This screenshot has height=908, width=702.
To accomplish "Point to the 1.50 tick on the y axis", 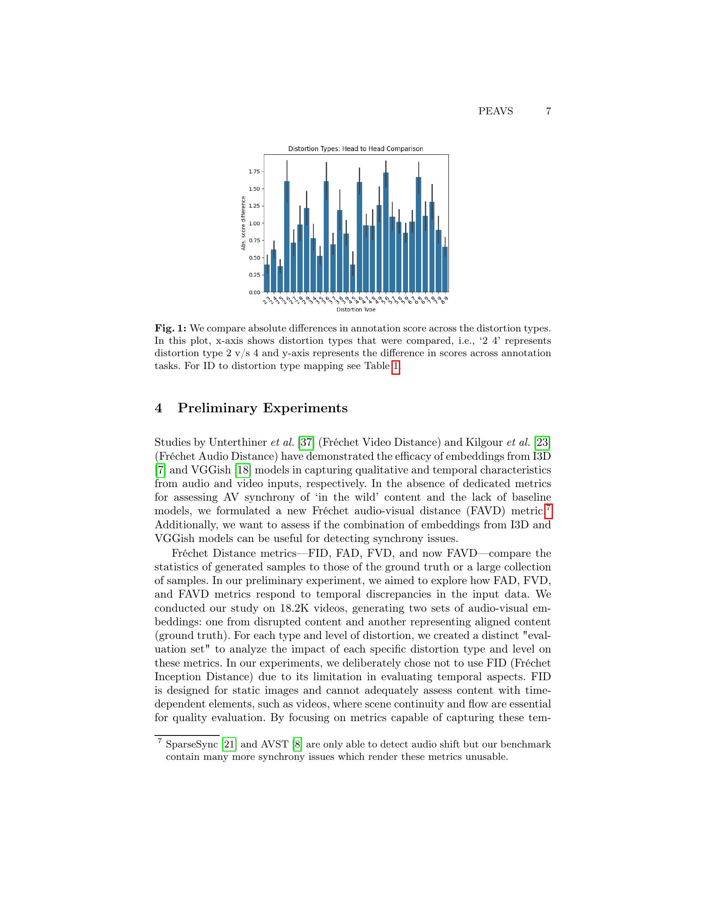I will (x=254, y=189).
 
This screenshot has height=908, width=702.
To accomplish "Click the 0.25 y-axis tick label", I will (x=254, y=275).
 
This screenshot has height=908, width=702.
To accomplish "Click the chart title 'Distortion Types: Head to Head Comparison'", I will (x=356, y=149).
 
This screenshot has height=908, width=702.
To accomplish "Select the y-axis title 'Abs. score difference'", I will (x=243, y=223).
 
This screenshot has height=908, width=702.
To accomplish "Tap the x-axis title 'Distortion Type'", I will (x=356, y=309).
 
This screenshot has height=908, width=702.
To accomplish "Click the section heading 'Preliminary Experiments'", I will (x=262, y=408).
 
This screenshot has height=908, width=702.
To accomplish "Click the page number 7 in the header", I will (x=548, y=111).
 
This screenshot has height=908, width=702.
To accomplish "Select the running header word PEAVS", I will (x=495, y=111).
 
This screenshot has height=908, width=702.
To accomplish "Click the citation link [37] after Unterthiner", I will (x=306, y=442).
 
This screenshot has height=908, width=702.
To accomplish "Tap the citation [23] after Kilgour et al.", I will (x=542, y=442).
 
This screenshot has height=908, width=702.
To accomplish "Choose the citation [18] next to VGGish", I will (x=242, y=470).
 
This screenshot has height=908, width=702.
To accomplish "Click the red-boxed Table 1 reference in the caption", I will (x=396, y=366).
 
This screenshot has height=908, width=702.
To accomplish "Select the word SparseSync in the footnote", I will (x=192, y=744).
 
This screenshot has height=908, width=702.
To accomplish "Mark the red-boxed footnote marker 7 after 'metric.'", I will (x=548, y=511).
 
